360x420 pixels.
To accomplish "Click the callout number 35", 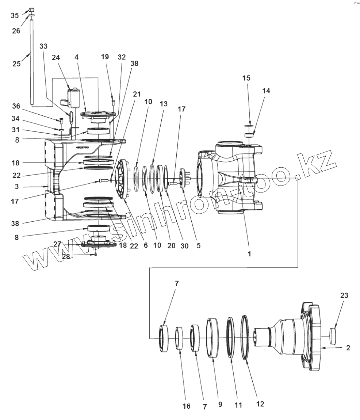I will pyautogui.click(x=14, y=16).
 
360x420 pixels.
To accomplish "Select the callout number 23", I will pyautogui.click(x=344, y=295).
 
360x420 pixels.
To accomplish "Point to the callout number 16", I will pyautogui.click(x=186, y=406).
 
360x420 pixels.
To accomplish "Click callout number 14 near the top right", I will pyautogui.click(x=266, y=91).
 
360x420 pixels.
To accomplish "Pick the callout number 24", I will pyautogui.click(x=55, y=57).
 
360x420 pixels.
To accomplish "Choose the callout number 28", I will pyautogui.click(x=66, y=257).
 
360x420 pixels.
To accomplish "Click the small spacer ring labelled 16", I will pyautogui.click(x=179, y=338).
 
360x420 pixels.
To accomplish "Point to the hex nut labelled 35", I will pyautogui.click(x=31, y=9).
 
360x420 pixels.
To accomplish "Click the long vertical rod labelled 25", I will pyautogui.click(x=32, y=62).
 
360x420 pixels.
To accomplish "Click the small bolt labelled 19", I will pyautogui.click(x=113, y=100).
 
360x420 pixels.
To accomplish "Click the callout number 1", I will pyautogui.click(x=249, y=254).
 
